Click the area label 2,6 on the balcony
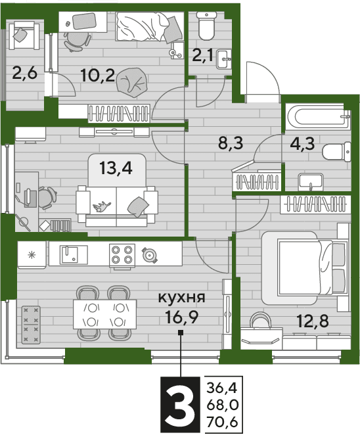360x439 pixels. click(24, 74)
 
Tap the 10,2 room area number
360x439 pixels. click(97, 76)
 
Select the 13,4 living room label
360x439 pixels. click(116, 168)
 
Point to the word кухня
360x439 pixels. click(182, 298)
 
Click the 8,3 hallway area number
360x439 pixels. click(231, 144)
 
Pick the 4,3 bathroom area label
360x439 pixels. click(303, 144)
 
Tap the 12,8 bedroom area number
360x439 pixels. click(313, 321)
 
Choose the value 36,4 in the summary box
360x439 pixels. click(222, 388)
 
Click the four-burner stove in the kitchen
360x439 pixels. click(122, 254)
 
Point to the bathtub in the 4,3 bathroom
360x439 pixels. click(317, 117)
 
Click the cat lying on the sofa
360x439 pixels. click(102, 206)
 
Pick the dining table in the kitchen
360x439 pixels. click(104, 314)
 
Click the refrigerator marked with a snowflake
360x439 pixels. click(32, 254)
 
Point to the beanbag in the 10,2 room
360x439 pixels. click(131, 81)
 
